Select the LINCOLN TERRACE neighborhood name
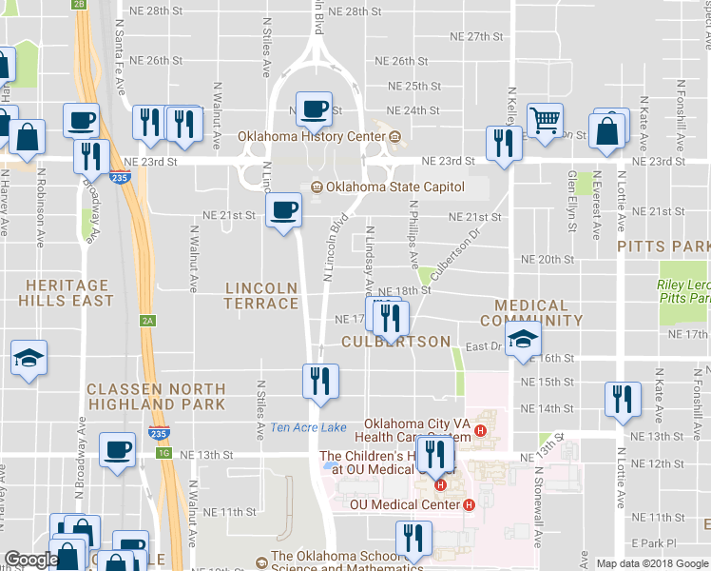click(x=261, y=295)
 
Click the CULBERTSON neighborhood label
click(x=395, y=341)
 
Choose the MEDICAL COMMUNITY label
click(x=531, y=313)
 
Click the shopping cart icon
click(x=545, y=121)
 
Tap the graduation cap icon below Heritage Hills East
click(x=29, y=358)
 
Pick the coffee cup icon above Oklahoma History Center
click(x=313, y=108)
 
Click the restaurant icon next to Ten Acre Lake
click(x=320, y=380)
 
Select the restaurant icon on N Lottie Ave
click(x=623, y=399)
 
